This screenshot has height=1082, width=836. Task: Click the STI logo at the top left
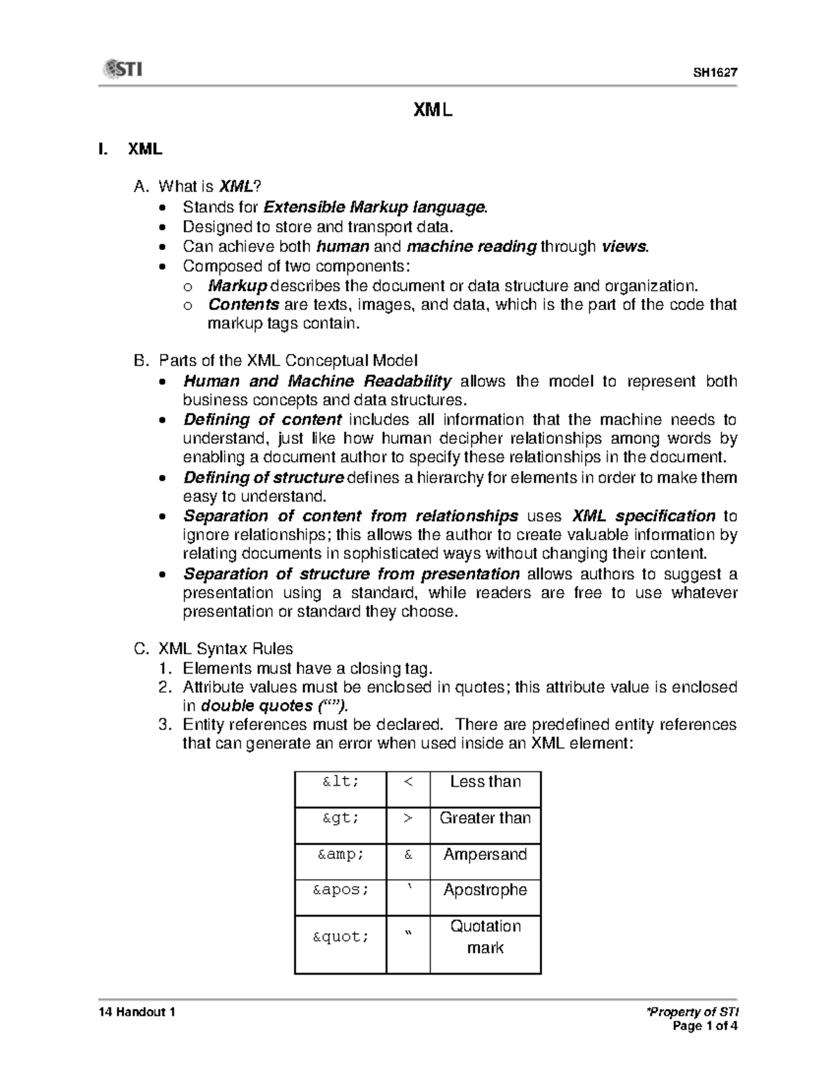(x=123, y=69)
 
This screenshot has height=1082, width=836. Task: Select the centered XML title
(x=433, y=109)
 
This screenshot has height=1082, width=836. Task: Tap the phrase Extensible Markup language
(x=374, y=208)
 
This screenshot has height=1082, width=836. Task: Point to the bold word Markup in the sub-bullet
(x=238, y=286)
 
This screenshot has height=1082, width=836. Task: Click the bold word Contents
(x=243, y=304)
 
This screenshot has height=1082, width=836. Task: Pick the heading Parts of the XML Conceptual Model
(x=288, y=360)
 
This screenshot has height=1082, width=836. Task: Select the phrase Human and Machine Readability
(x=317, y=381)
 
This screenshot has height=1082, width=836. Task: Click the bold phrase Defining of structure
(x=263, y=478)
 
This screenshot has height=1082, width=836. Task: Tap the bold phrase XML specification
(x=644, y=516)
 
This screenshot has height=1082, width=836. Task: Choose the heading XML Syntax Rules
(x=226, y=649)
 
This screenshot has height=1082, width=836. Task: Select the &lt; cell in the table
(x=341, y=782)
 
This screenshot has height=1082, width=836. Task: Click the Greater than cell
(x=485, y=818)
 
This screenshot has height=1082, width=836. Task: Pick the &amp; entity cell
(x=341, y=855)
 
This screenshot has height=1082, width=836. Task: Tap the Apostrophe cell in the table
(x=485, y=890)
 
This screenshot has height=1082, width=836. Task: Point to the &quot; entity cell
(x=341, y=937)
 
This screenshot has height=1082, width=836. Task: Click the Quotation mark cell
(x=485, y=937)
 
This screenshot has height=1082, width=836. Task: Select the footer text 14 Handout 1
(x=137, y=1012)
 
